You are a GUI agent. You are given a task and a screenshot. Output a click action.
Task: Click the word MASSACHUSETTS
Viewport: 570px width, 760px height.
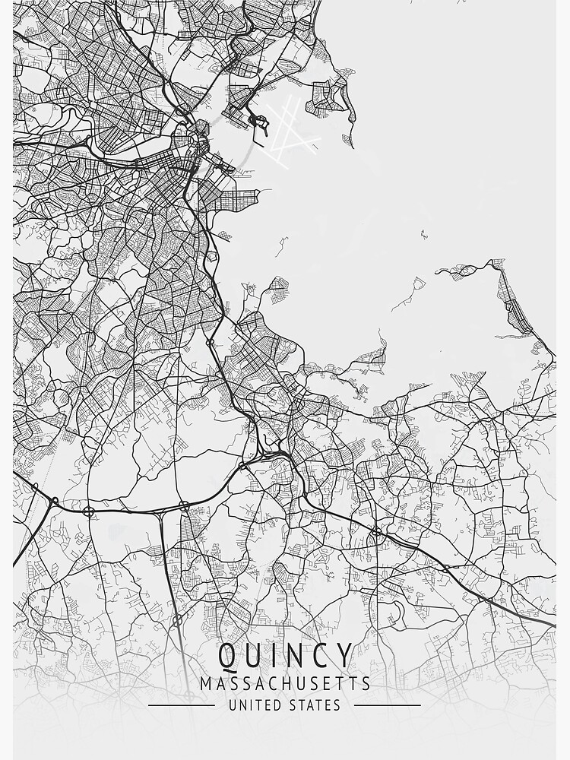285,683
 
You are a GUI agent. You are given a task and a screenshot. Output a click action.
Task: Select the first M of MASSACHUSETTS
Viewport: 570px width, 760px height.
206,683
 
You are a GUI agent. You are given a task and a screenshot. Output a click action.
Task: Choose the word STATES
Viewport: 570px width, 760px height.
315,705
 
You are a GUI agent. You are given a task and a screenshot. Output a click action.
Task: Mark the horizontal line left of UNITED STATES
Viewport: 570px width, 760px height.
181,705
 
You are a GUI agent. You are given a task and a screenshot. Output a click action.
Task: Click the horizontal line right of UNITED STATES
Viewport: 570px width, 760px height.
388,705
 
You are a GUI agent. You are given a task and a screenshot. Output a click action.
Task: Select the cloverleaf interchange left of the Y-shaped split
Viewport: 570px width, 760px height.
89,511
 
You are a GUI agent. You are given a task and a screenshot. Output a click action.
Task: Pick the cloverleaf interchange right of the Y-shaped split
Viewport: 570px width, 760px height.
185,505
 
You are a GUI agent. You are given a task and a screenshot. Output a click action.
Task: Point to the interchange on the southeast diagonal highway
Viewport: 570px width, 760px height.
377,531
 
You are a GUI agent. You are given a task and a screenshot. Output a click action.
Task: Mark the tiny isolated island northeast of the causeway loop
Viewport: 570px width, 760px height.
424,234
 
